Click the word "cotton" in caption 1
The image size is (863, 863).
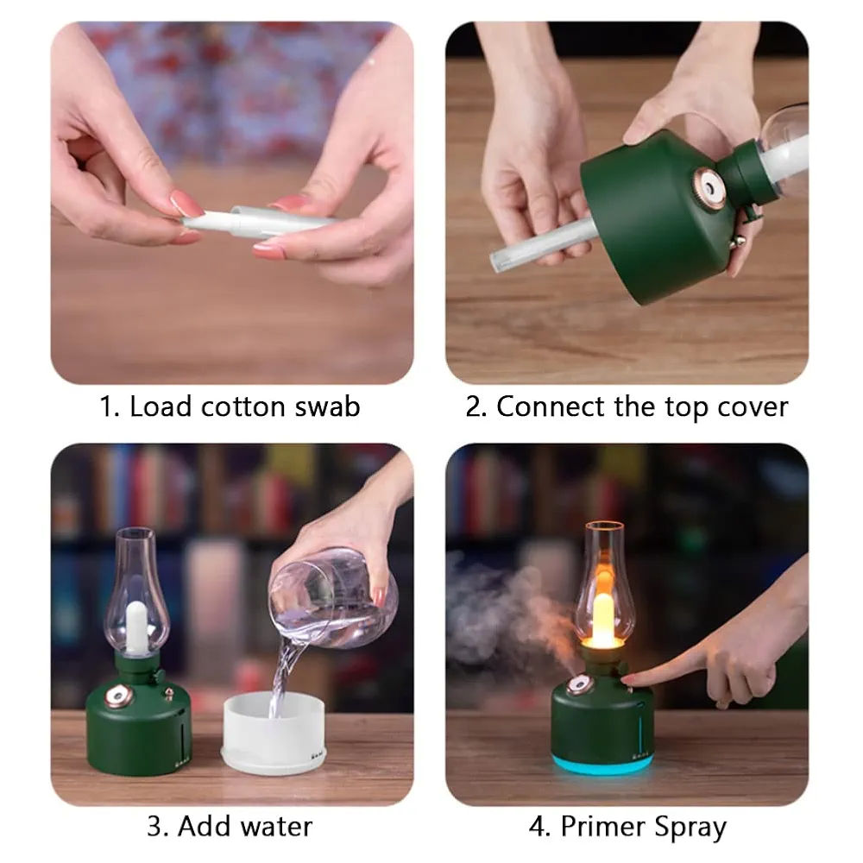pos(243,407)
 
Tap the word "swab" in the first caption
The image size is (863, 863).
pos(327,406)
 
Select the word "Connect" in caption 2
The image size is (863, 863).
pos(551,406)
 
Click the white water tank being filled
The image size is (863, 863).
pos(274,733)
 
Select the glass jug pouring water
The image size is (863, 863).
pos(332,600)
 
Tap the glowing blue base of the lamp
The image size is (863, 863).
pos(602,764)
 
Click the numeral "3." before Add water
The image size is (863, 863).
pos(158,828)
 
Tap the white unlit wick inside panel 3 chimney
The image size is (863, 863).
pos(136,627)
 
